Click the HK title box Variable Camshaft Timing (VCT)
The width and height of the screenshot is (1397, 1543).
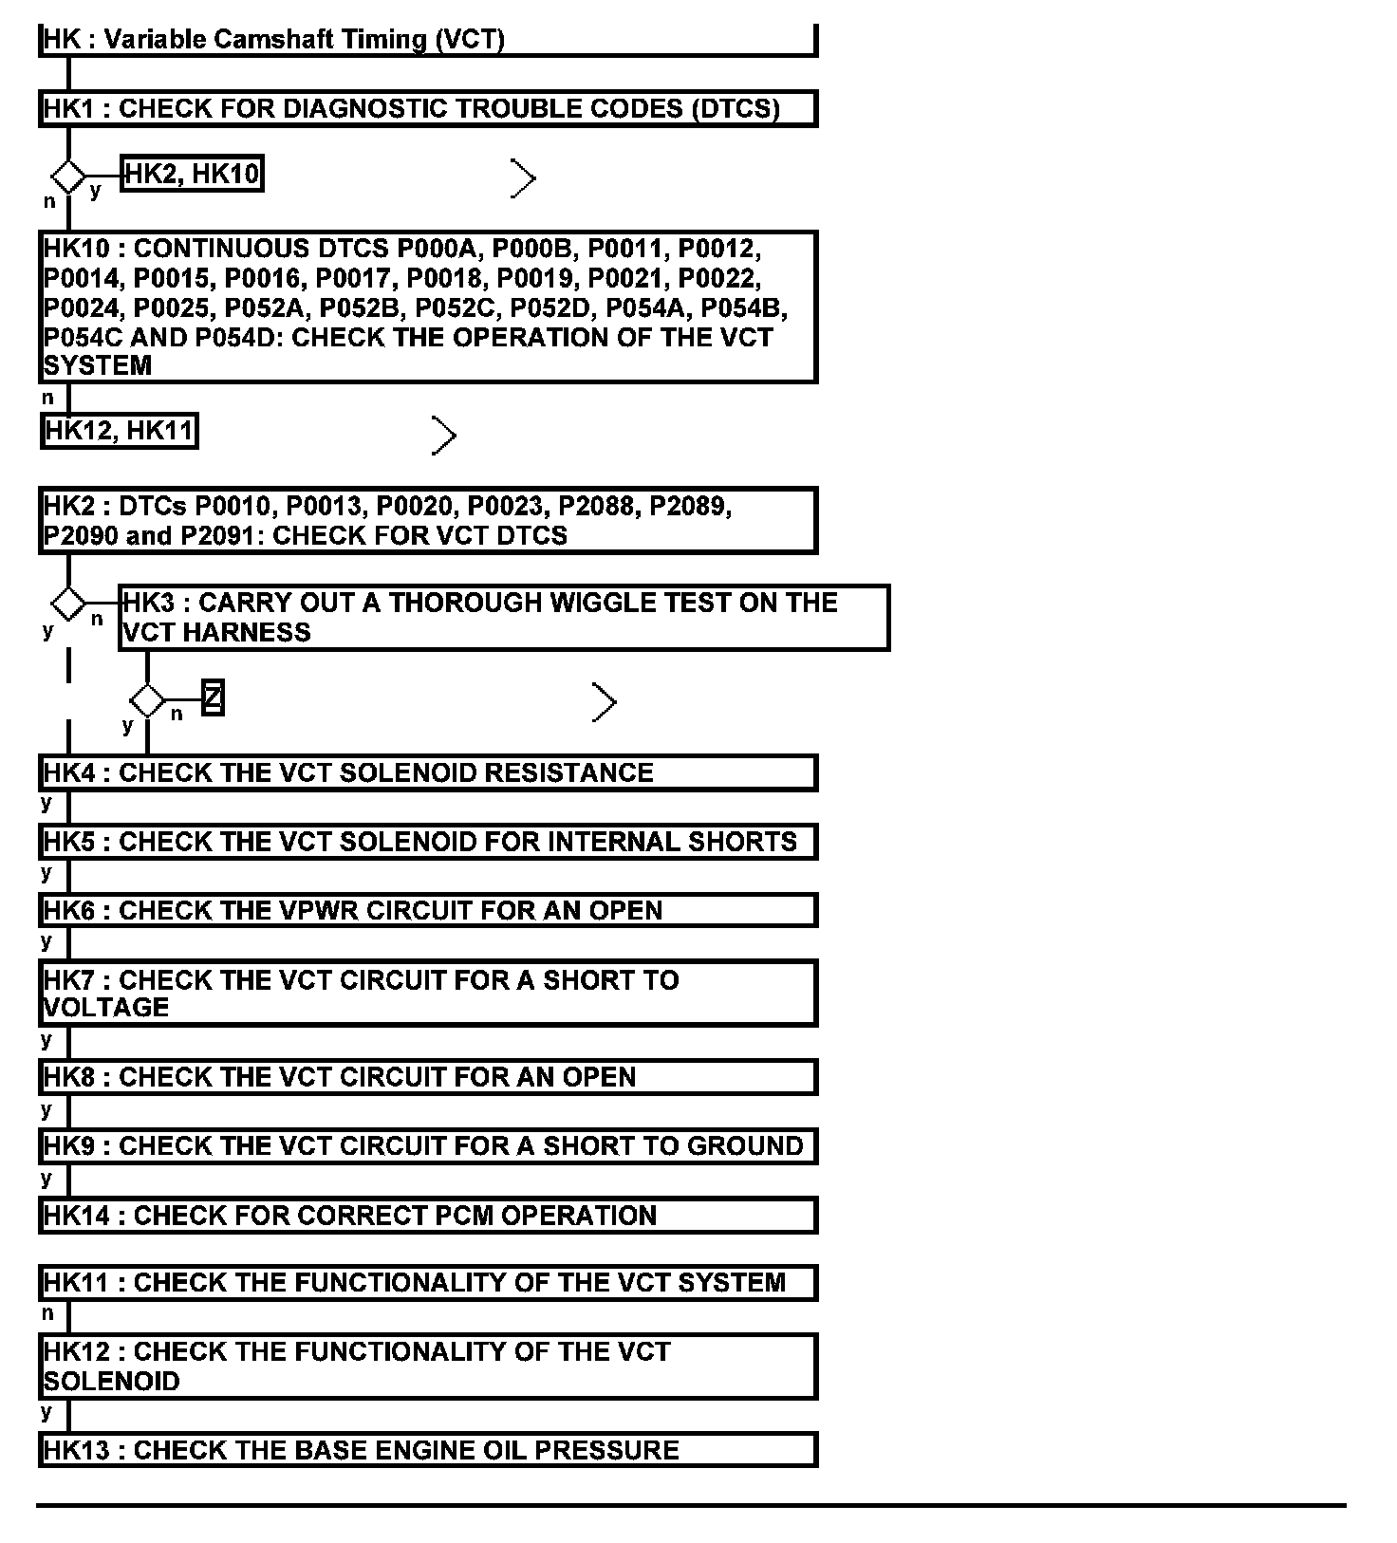427,40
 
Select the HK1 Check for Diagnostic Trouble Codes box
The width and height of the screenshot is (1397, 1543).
427,108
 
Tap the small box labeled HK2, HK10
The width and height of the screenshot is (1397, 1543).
192,174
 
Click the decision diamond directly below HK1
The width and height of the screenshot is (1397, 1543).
68,177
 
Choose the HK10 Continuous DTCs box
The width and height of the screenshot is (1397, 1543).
427,307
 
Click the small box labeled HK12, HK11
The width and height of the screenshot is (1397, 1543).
120,431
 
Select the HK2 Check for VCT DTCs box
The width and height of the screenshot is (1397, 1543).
427,520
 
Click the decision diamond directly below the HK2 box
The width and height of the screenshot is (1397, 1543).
68,603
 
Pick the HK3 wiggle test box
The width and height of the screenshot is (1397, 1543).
503,618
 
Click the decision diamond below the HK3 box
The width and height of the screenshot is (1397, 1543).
147,701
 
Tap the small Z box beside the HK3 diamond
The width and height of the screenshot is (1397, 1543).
214,698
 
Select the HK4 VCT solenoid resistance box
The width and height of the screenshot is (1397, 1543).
427,772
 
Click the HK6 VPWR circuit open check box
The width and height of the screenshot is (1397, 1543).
427,910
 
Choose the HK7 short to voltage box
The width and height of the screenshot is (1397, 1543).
427,993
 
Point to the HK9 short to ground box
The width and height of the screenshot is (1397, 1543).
427,1146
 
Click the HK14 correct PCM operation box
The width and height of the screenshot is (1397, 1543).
427,1216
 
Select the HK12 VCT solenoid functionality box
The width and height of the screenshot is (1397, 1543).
427,1366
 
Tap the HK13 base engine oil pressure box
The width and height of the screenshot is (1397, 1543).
427,1450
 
